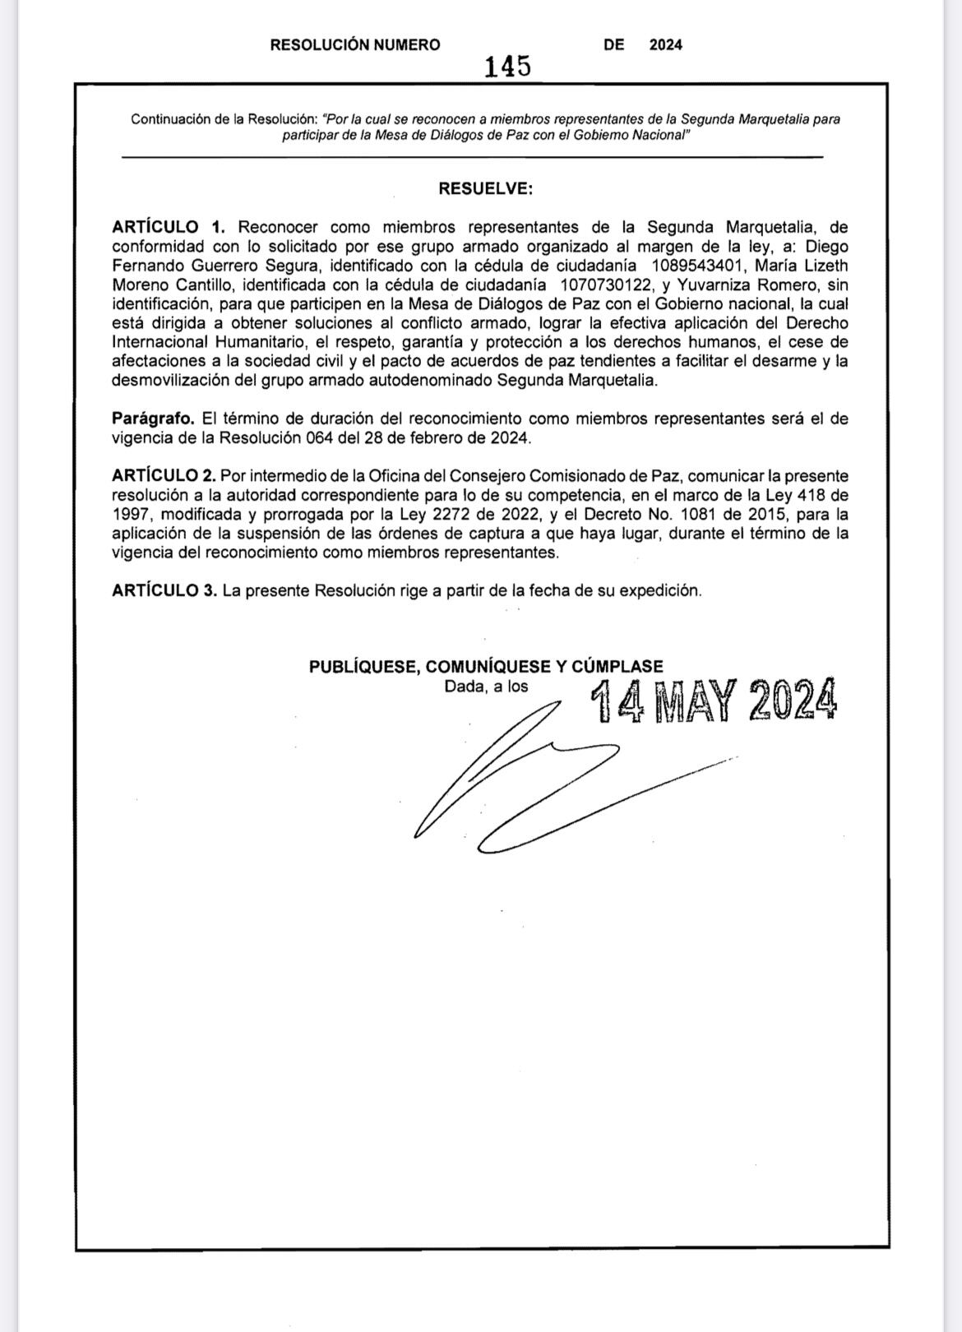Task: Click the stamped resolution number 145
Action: tap(507, 66)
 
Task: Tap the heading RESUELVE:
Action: tap(486, 188)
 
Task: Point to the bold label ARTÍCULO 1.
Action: tap(168, 227)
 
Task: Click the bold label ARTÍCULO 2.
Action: tap(164, 476)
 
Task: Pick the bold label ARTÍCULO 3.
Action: tap(164, 590)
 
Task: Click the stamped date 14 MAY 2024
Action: tap(714, 701)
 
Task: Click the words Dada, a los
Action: tap(486, 686)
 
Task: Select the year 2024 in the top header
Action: tap(665, 45)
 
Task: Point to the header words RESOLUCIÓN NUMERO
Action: tap(354, 45)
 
